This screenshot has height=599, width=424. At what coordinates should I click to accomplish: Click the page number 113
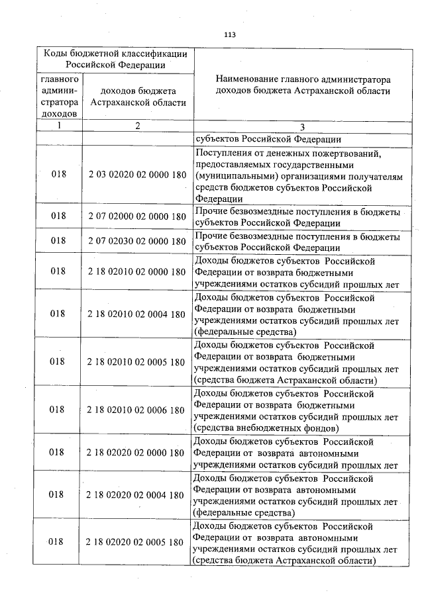[x=230, y=35]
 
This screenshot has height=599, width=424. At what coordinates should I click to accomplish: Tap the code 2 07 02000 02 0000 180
[x=136, y=216]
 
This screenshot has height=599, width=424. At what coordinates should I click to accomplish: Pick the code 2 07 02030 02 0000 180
[x=136, y=242]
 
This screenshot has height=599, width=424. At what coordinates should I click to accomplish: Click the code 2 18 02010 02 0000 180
[x=136, y=271]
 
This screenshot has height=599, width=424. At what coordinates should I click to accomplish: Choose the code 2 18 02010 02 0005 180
[x=136, y=362]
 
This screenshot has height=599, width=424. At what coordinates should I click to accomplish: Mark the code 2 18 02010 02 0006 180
[x=136, y=410]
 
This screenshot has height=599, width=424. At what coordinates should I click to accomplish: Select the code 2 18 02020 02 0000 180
[x=136, y=453]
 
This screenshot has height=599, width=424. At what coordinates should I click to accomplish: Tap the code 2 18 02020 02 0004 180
[x=136, y=494]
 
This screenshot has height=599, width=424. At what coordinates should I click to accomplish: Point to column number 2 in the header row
[x=137, y=126]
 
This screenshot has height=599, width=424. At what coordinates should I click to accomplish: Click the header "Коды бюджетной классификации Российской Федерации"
[x=115, y=59]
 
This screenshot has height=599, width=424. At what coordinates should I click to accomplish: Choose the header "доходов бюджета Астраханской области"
[x=137, y=96]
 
